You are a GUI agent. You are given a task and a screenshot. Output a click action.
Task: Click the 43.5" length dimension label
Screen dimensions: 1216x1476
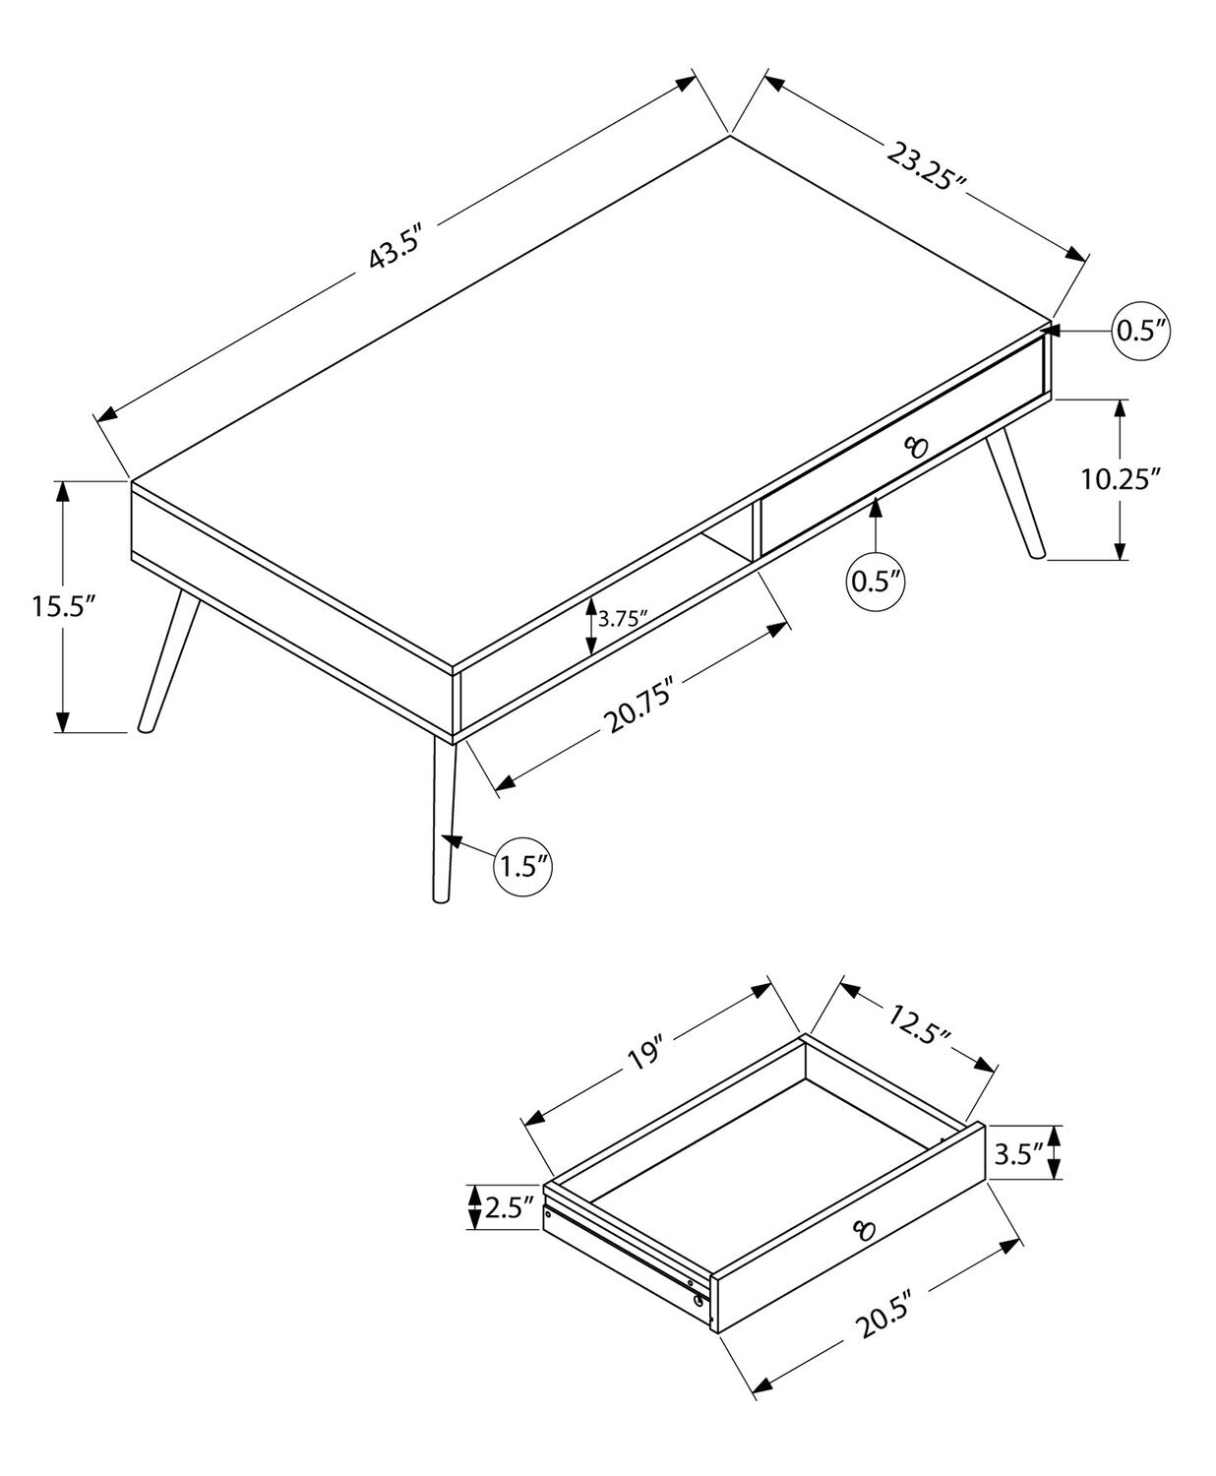click(x=395, y=247)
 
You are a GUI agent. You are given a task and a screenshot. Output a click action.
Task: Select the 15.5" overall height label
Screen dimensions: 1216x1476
click(x=63, y=606)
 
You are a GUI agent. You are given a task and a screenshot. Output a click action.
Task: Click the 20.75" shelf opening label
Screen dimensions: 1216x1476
click(x=637, y=705)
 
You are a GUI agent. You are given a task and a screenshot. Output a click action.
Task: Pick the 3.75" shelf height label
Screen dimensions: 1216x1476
click(x=623, y=619)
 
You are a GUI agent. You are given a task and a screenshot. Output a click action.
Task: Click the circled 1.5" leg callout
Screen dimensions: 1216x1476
click(x=521, y=867)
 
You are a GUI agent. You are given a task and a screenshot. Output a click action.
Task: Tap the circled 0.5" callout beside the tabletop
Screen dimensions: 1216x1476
click(x=1140, y=330)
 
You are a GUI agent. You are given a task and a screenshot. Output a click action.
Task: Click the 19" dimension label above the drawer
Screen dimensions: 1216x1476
click(x=646, y=1074)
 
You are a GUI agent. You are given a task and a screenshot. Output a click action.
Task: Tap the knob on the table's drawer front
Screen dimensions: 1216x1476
click(x=916, y=447)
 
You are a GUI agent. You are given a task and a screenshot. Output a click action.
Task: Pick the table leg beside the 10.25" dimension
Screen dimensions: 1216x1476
click(x=1015, y=491)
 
